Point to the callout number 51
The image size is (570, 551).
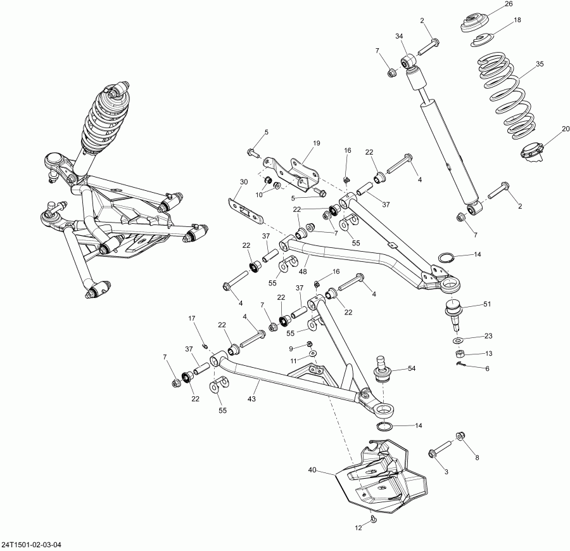coord(486,305)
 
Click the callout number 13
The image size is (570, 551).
coord(488,353)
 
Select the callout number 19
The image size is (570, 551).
coord(315,144)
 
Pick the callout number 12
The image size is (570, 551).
coord(358,528)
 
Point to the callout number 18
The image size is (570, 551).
coord(517,20)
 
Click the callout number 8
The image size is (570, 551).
coord(476,457)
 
